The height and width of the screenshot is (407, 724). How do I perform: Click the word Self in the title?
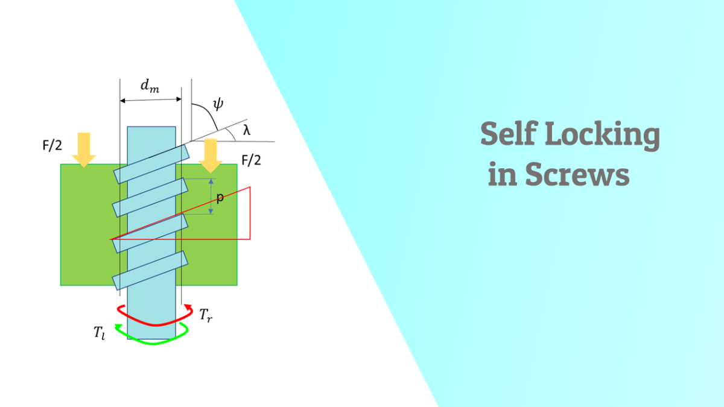click(x=507, y=136)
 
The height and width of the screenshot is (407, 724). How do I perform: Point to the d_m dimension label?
click(x=150, y=86)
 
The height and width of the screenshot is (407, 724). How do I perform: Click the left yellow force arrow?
click(x=84, y=150)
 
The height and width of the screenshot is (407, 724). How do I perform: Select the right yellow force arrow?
click(x=211, y=154)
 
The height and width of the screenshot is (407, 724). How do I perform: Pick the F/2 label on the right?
click(x=252, y=160)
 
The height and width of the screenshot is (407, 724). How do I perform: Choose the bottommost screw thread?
click(x=151, y=271)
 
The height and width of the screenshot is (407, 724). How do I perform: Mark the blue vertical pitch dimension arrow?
click(x=211, y=197)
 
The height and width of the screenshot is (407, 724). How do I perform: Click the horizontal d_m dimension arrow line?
click(x=150, y=99)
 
